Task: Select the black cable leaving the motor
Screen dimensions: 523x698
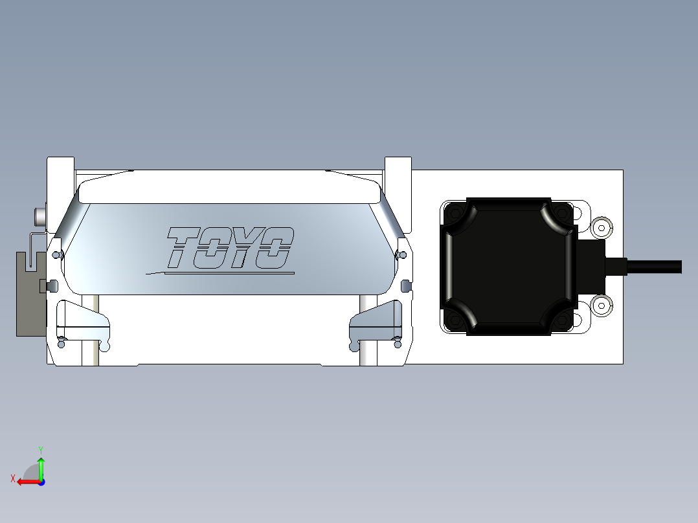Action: click(x=654, y=267)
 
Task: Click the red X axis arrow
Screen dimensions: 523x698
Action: click(x=26, y=481)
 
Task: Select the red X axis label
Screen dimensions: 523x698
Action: click(x=12, y=478)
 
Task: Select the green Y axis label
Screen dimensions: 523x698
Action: click(x=40, y=449)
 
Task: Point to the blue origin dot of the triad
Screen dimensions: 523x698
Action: click(x=41, y=482)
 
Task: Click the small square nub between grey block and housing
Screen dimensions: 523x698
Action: click(x=45, y=285)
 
